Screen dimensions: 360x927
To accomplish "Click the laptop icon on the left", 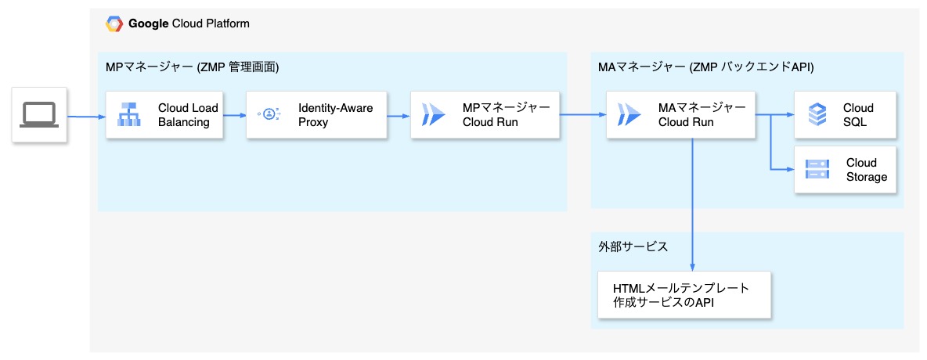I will pos(39,115).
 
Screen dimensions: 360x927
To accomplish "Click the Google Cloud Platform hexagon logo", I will pos(114,23).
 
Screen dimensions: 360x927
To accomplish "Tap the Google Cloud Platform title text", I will pos(189,23).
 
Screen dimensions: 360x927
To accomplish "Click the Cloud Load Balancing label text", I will pos(188,115).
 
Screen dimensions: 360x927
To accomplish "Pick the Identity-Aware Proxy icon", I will pos(269,115).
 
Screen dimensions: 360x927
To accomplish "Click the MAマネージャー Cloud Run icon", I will pos(629,115).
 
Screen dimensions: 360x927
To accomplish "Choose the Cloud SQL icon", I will pos(817,115).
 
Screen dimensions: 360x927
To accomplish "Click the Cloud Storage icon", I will pos(817,170).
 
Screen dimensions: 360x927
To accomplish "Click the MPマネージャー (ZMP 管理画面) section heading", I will pos(192,67).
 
